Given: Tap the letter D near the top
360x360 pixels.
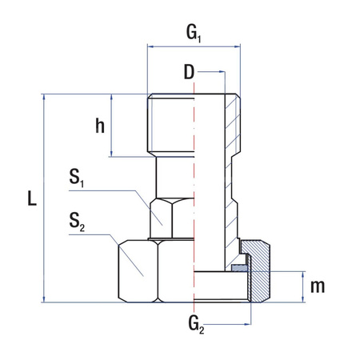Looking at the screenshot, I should [x=189, y=73].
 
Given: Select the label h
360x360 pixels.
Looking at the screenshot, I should [x=100, y=126].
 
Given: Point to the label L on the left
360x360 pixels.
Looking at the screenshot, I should [x=31, y=198].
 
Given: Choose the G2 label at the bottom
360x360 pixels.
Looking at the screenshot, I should [x=196, y=325].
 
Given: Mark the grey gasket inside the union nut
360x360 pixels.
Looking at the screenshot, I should [x=238, y=268].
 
